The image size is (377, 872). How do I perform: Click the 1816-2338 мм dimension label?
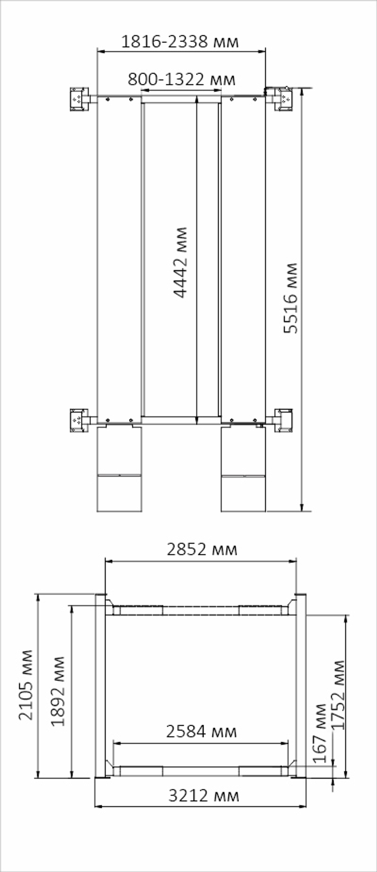point(180,41)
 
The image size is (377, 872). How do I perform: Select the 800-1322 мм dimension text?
point(182,79)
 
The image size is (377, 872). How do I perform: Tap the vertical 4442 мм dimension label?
point(180,262)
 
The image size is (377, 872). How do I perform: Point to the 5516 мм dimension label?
point(290,298)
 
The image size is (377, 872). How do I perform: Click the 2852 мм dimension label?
point(202,550)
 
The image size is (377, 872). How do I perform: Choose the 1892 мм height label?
point(58,691)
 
